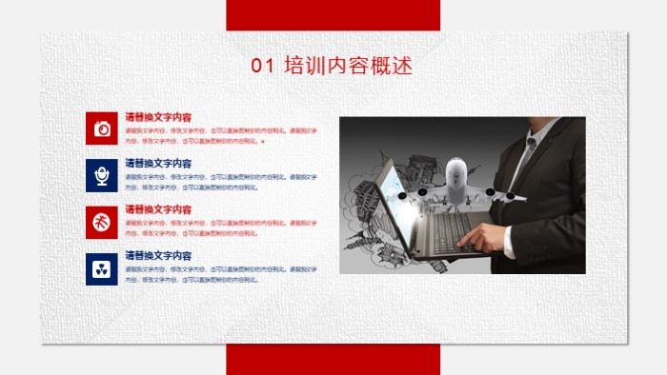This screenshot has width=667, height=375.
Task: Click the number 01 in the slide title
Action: coord(261,66)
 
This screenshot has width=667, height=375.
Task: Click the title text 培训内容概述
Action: coord(348,66)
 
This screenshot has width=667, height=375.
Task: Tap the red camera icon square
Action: coord(101,128)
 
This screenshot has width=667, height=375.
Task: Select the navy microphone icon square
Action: coord(101,174)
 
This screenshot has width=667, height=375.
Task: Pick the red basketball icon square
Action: coord(101,221)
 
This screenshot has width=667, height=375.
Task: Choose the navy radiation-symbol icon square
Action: coord(101,268)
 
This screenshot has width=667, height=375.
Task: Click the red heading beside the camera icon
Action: coord(158,117)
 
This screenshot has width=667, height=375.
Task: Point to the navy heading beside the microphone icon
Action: coord(158,164)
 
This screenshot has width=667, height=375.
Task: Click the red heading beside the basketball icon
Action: coord(158,209)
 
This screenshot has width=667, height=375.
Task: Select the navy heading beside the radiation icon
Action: coord(158,256)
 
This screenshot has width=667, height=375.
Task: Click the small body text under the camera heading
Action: coord(220,134)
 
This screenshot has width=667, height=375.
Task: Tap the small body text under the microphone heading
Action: coord(220,182)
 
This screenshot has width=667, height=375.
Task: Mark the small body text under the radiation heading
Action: coord(220,274)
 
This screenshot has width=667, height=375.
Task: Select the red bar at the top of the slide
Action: coord(333,15)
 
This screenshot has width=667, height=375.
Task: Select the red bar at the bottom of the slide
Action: coord(333,359)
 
